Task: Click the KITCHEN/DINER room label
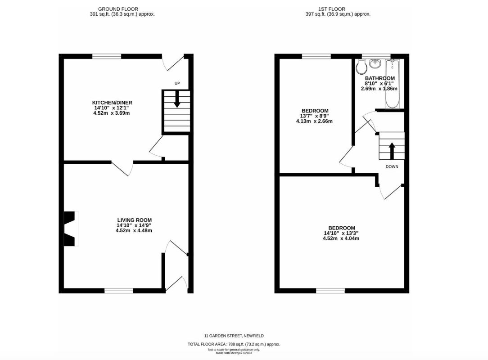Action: tap(112, 103)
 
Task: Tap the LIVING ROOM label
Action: tap(134, 220)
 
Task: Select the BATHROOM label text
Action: tap(380, 78)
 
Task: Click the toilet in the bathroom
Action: tap(361, 67)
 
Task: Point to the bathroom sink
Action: tap(375, 64)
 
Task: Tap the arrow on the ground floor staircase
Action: tap(177, 99)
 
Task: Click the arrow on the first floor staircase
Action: tap(392, 150)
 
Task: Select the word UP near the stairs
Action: tap(177, 84)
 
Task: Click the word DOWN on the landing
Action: tap(392, 166)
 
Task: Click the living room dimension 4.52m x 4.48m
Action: tap(134, 231)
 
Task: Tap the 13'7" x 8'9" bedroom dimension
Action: tap(315, 116)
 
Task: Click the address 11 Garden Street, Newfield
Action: tap(234, 336)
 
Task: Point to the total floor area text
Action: tap(234, 344)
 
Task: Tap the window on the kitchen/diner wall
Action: tap(107, 56)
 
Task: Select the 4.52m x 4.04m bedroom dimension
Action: tap(341, 238)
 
